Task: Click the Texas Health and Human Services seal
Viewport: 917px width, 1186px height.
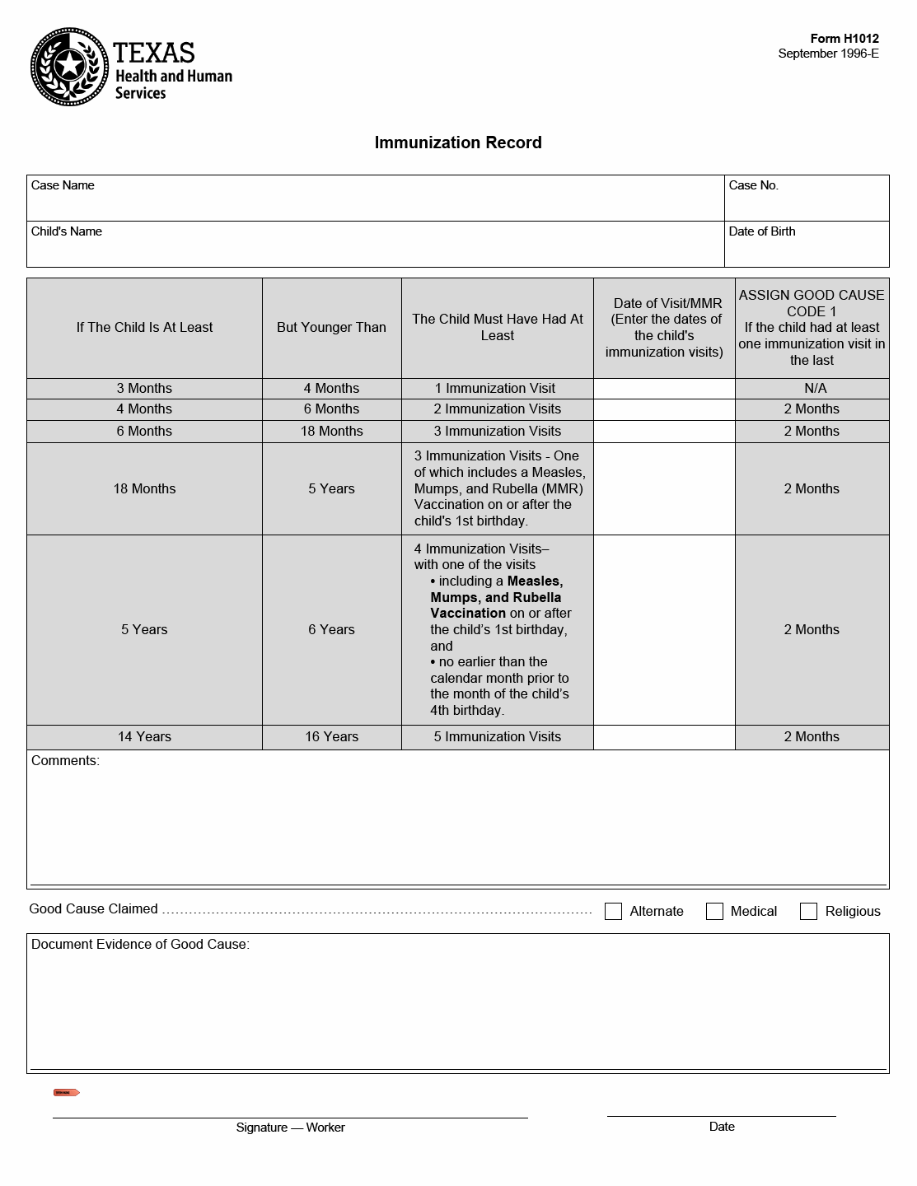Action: (x=69, y=67)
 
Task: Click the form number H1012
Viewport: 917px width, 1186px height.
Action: (x=844, y=39)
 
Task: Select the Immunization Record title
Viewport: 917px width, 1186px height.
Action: (x=458, y=142)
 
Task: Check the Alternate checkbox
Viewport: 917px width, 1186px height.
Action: (x=613, y=911)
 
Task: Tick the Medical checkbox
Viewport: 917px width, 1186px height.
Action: (x=714, y=911)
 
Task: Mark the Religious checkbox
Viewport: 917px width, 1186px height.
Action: (x=808, y=911)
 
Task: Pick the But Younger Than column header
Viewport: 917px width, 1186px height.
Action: (x=331, y=327)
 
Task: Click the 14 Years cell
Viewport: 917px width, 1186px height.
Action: (x=144, y=737)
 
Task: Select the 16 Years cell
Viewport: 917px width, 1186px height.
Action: (x=331, y=737)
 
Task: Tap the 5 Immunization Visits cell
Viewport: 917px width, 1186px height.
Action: (x=497, y=737)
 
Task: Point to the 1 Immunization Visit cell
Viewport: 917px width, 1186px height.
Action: (x=497, y=388)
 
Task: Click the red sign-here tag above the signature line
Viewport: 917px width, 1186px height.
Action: (x=67, y=1093)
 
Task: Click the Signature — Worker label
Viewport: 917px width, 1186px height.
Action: (x=290, y=1128)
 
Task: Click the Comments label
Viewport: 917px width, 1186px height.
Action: (x=65, y=761)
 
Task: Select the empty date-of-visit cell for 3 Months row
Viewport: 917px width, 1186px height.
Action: (x=663, y=388)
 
